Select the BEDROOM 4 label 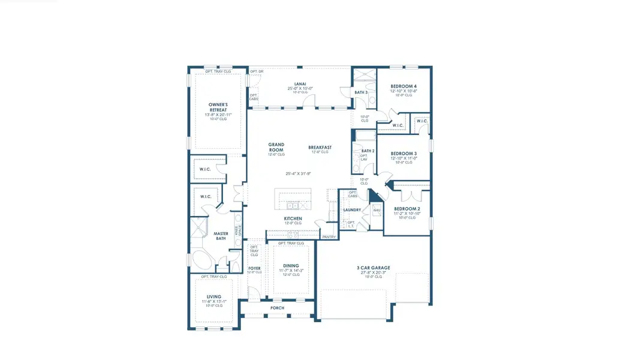click(x=403, y=86)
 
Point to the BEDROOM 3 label click(x=403, y=154)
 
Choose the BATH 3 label click(x=361, y=92)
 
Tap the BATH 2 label click(x=368, y=151)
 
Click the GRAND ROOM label click(x=276, y=147)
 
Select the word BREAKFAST click(x=320, y=147)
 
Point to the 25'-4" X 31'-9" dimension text click(x=298, y=174)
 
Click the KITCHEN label click(x=293, y=218)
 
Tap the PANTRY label click(x=329, y=237)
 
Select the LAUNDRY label click(x=351, y=210)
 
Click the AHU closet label click(x=377, y=211)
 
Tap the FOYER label click(x=254, y=269)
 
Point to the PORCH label click(x=277, y=308)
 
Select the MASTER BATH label click(x=221, y=236)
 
